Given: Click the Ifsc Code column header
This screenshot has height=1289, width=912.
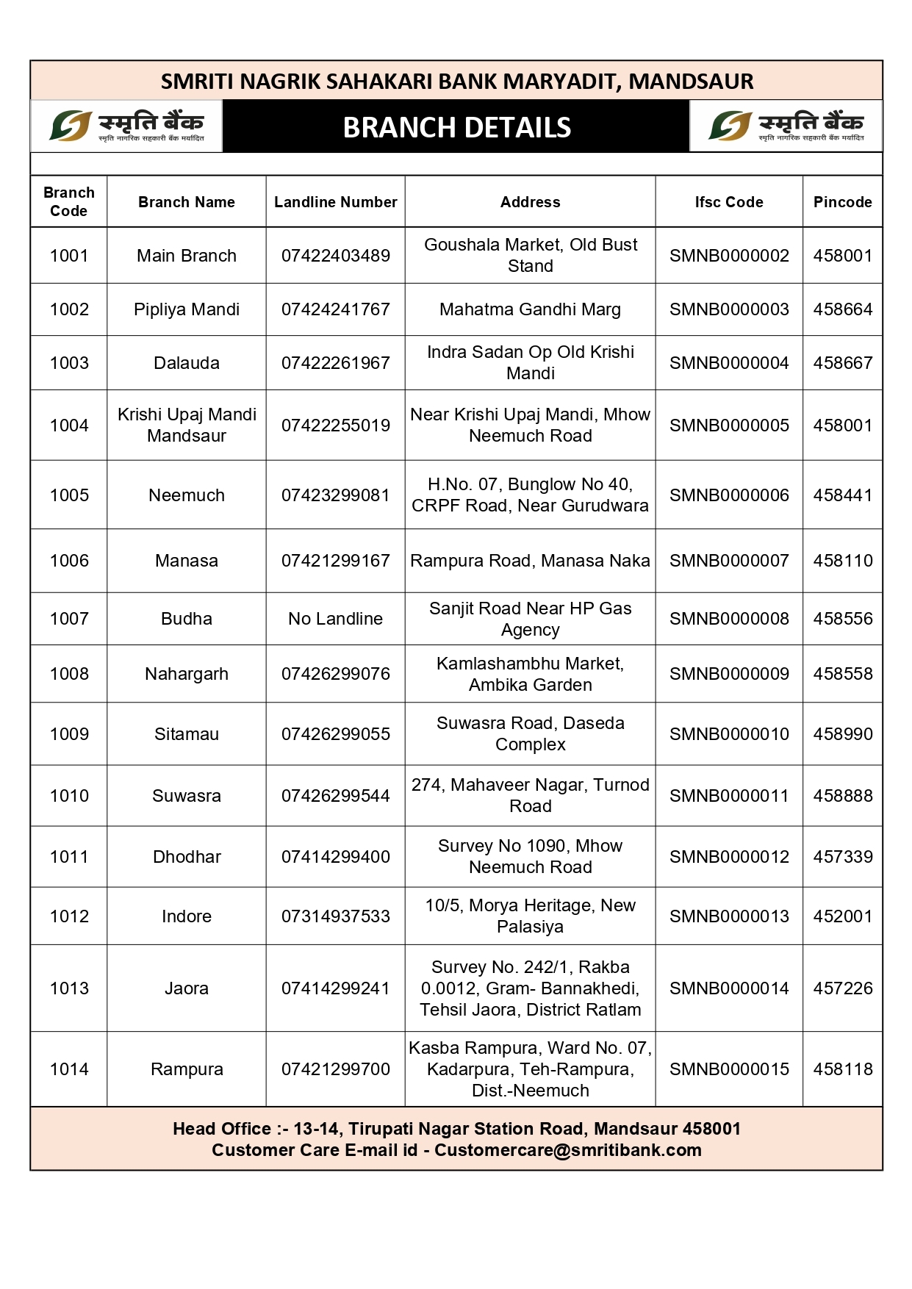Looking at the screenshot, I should coord(728,202).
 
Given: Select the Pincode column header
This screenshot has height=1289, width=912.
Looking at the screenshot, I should coord(842,202).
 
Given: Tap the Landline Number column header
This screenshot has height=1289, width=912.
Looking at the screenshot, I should coord(335,202).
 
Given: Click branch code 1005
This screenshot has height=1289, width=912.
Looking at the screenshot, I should coord(69,495).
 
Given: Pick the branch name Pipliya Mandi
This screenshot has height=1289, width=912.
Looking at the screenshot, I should coord(187,309).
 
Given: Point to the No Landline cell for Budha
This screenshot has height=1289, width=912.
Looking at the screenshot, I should coord(335,619).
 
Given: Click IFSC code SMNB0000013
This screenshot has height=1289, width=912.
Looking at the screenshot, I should coord(728,916).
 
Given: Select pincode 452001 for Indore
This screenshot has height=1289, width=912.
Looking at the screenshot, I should coord(842,916).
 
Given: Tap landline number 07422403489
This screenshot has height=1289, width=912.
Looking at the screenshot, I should coord(335,256).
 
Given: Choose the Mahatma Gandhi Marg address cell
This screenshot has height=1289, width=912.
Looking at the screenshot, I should coord(530,309).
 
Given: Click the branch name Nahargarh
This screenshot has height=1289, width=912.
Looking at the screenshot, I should coord(187,674).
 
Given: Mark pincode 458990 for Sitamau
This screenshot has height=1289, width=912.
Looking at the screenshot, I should coord(842,734).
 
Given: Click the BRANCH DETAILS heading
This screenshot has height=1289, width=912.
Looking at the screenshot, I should coord(456,128).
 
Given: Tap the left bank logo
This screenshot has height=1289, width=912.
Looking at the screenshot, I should coord(126,126).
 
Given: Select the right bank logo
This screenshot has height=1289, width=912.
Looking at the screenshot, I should coord(786,126).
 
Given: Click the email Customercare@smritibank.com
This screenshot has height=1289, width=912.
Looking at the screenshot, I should coord(567,1150).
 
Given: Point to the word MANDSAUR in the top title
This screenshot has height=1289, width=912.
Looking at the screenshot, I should coord(691,82).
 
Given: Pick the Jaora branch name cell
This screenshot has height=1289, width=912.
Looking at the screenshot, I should coord(187,988).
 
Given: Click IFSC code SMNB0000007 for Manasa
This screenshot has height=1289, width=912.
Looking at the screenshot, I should coord(728,561).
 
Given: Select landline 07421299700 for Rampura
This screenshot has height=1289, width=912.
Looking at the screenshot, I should coord(335,1069).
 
